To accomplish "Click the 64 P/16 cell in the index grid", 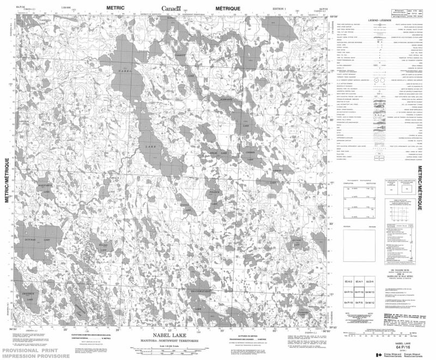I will (359, 292).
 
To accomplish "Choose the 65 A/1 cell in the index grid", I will (359, 281).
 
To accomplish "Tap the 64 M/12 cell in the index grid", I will (371, 302).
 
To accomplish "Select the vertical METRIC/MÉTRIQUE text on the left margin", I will (8, 180).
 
